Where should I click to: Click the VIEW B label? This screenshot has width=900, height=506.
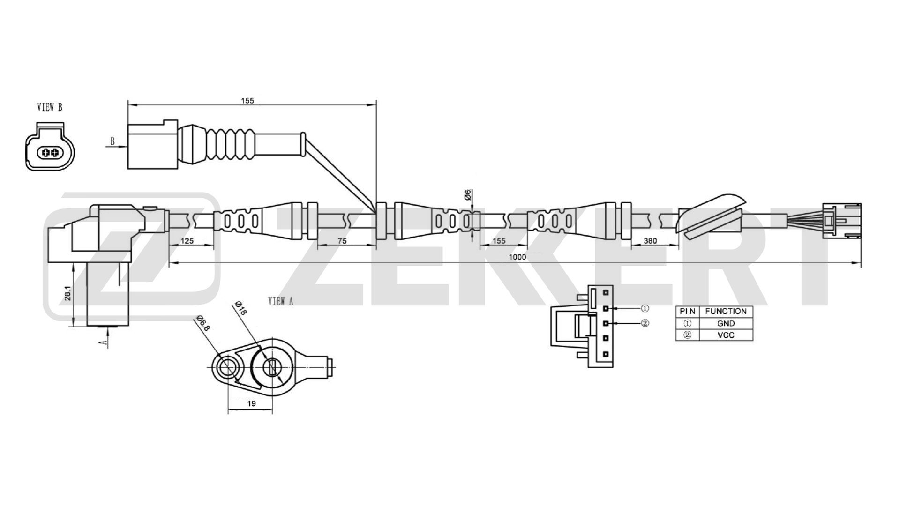point(50,107)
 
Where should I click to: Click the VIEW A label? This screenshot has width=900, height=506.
point(281,301)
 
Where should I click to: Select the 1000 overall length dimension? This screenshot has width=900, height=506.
point(517,257)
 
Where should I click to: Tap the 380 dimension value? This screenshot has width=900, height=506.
point(650,241)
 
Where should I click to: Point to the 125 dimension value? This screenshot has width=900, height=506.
point(187,241)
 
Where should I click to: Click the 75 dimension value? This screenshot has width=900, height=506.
point(342,241)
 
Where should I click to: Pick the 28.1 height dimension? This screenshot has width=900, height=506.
point(67,293)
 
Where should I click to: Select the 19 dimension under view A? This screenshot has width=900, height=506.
point(251,403)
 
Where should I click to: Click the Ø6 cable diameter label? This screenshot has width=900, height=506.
point(468,195)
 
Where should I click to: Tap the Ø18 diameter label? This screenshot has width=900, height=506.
point(240,308)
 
